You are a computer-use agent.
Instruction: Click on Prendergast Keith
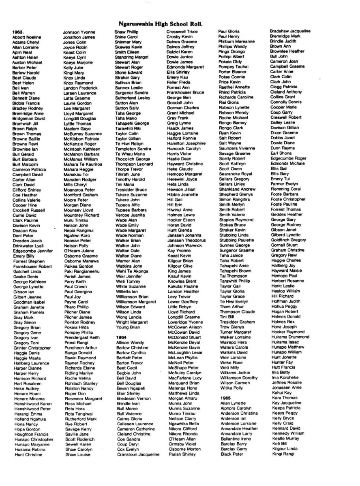coord(81,337)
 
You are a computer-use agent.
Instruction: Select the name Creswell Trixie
coord(182,31)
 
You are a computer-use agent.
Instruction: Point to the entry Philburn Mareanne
coord(236,41)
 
